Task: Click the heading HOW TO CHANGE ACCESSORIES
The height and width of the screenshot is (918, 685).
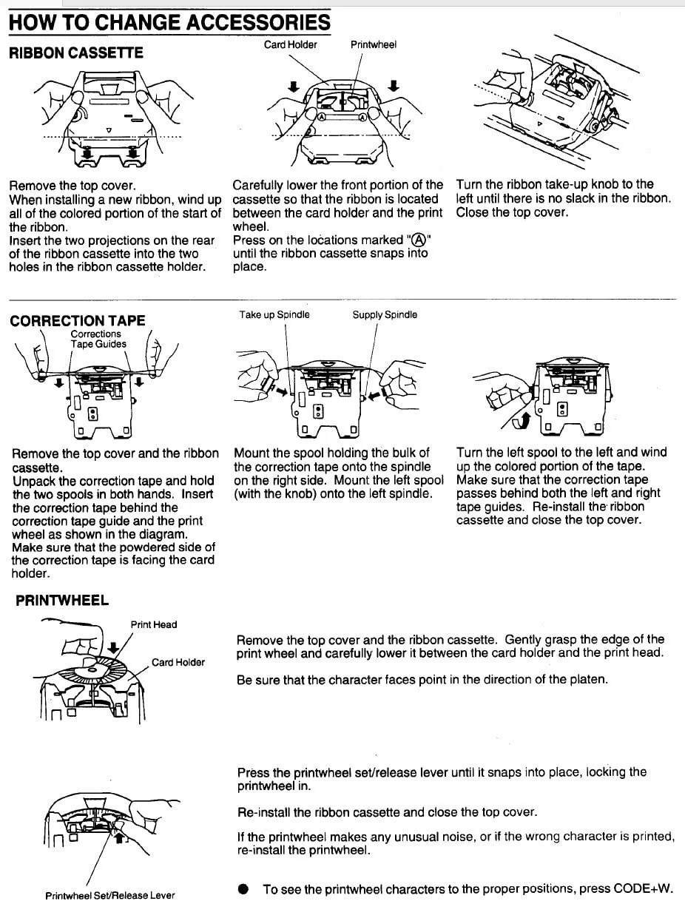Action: [x=169, y=22]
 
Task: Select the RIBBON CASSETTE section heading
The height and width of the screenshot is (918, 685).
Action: [x=76, y=53]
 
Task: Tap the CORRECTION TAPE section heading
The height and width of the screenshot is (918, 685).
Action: [x=77, y=320]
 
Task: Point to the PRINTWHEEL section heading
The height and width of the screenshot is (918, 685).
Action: [x=62, y=600]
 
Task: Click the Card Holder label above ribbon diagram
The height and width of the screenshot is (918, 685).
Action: [x=290, y=45]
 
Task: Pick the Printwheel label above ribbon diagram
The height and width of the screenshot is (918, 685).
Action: [x=373, y=45]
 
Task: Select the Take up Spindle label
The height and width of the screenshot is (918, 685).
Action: [x=274, y=315]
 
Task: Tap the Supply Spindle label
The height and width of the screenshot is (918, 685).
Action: [x=385, y=315]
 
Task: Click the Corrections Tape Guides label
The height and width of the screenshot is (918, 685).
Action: [x=98, y=339]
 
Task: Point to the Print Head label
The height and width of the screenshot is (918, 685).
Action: [x=154, y=624]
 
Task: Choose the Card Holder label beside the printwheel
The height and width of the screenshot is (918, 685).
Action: [x=178, y=662]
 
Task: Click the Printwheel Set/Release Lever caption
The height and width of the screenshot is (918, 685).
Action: [x=110, y=896]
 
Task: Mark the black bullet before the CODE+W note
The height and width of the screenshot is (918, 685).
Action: [x=243, y=889]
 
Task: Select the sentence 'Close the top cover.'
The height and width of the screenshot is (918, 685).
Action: [x=512, y=212]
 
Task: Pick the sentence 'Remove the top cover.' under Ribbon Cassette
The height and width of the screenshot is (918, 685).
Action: [x=72, y=186]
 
